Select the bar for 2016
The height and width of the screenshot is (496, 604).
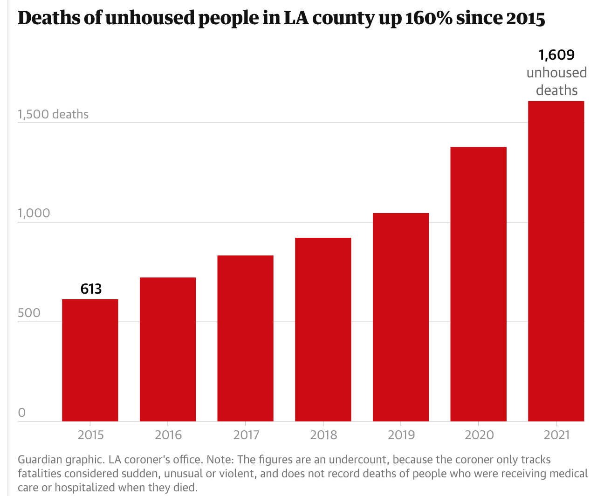click(168, 349)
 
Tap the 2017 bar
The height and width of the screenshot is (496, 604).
click(245, 338)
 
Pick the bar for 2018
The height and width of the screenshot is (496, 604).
click(323, 329)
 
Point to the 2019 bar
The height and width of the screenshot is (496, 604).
click(401, 317)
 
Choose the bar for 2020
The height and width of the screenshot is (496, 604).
click(478, 284)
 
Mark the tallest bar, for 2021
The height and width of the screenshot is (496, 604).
click(556, 261)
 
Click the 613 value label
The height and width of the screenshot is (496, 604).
click(91, 289)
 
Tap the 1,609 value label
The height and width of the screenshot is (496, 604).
click(556, 55)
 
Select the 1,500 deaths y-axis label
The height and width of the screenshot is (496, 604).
click(53, 114)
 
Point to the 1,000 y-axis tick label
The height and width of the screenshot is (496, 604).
click(34, 213)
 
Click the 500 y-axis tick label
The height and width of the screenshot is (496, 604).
click(29, 313)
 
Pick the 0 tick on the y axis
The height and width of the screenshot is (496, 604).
click(21, 413)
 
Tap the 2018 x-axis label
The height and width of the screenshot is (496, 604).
click(323, 435)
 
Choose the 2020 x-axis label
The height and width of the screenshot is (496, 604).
click(479, 435)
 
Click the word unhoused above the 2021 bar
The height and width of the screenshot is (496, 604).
click(556, 73)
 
